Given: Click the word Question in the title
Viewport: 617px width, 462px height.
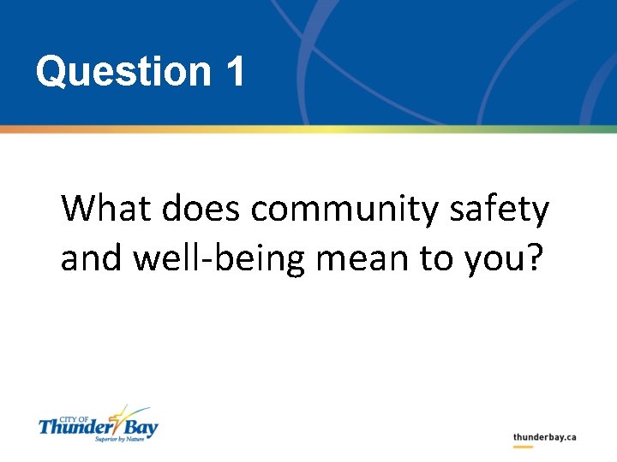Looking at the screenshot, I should pyautogui.click(x=123, y=72).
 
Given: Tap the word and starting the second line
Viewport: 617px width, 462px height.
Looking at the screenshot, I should pyautogui.click(x=88, y=259).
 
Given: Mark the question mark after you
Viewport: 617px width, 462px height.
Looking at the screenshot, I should pyautogui.click(x=535, y=259).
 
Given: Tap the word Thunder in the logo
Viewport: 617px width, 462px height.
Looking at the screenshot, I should pyautogui.click(x=72, y=426).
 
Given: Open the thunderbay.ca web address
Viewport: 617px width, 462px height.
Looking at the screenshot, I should pyautogui.click(x=544, y=436).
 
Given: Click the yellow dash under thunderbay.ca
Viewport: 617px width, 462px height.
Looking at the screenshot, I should pyautogui.click(x=523, y=447).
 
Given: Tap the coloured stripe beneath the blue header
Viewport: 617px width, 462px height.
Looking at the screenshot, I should pyautogui.click(x=308, y=129).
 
